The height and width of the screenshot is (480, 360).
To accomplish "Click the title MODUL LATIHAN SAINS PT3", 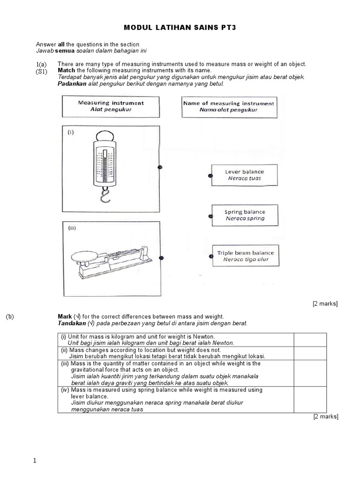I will coord(180,28).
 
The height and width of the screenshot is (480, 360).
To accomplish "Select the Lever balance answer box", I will coord(244,175).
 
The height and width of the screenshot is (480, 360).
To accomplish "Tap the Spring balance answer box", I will coord(245,215).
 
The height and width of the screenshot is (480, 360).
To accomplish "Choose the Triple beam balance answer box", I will coord(245,256).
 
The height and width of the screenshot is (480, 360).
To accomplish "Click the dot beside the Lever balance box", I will coord(210,176).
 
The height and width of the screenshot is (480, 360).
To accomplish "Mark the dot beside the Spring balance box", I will coord(210,216).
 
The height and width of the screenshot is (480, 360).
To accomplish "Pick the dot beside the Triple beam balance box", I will coord(210,256).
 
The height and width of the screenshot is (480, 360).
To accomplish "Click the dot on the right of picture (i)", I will coord(160,167).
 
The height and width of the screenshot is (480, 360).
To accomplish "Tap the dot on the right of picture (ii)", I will coord(162,257).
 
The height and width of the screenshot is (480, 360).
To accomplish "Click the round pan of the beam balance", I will coord(85,256).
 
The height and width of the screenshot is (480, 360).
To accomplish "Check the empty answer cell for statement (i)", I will coord(310,340).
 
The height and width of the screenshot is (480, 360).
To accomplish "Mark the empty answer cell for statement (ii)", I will coord(310,353).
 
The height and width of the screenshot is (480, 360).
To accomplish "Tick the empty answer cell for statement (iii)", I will coord(310,373).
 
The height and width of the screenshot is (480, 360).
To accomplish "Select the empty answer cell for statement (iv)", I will coord(310,399).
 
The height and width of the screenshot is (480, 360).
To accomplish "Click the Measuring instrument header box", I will coord(111,106).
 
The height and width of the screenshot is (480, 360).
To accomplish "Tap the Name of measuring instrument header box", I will coord(229,106).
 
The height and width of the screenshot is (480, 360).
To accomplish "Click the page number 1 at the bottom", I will coord(35,461).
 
